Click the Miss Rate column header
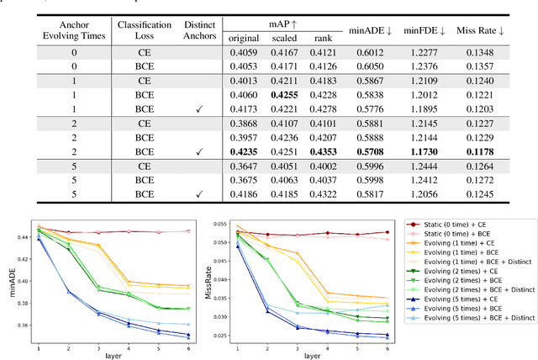click(496, 31)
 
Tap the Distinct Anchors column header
click(200, 31)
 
